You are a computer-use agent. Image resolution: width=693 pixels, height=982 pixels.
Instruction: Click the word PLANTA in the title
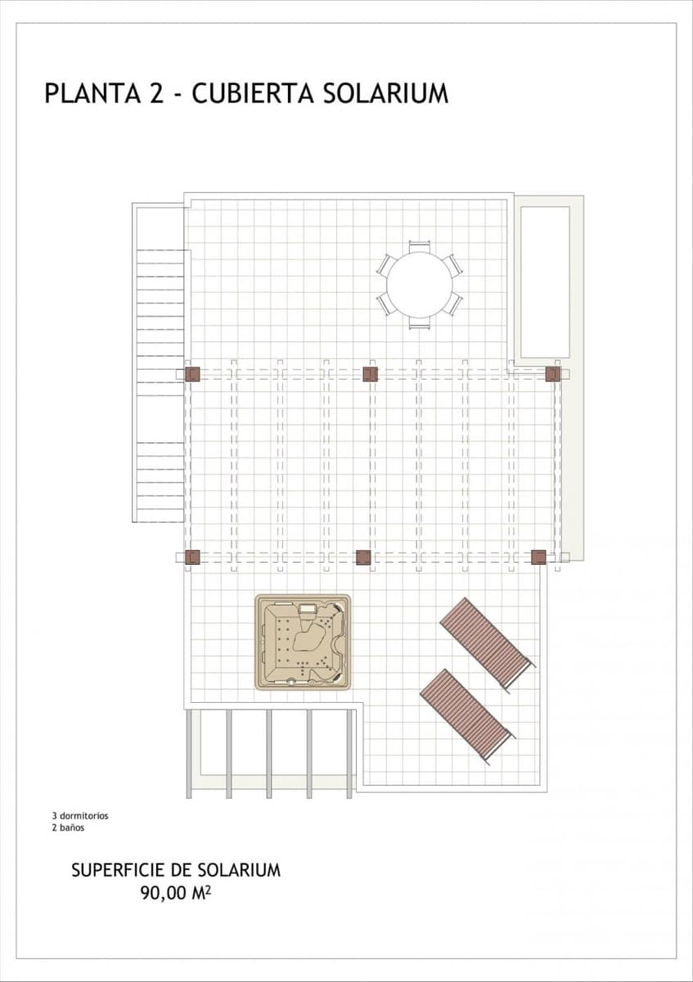92,93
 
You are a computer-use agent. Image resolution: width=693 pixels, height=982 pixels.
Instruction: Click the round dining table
419,285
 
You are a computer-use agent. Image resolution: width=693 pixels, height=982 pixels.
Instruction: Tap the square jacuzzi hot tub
303,642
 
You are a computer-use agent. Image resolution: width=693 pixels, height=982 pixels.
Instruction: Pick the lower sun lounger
466,714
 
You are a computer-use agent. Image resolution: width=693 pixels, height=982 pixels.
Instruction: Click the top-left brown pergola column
192,374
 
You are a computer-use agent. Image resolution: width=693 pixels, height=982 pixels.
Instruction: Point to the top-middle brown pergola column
370,374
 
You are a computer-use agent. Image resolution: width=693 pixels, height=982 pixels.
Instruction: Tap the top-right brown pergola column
553,374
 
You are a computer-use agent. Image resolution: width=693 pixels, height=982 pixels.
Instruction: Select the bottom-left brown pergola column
192,557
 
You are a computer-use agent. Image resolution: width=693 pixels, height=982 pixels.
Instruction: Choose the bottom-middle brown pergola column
363,557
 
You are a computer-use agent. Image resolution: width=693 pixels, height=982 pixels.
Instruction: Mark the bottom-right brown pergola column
538,557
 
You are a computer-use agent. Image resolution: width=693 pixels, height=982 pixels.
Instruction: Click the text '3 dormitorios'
79,816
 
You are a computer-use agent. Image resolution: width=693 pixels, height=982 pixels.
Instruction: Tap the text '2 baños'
68,827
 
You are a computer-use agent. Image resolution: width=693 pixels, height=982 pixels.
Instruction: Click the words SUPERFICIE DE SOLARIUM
176,870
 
